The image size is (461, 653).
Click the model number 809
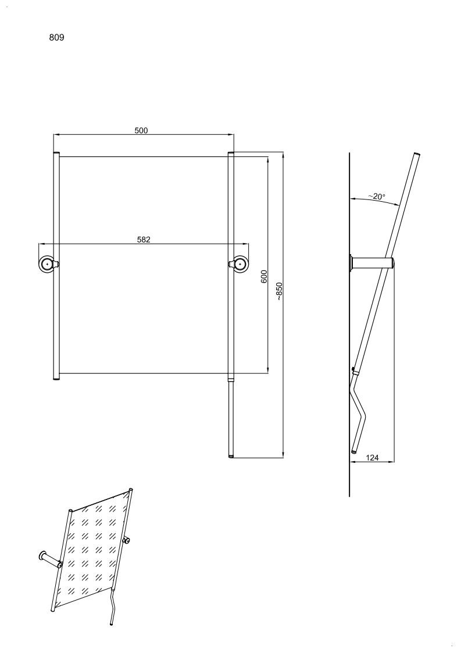56,37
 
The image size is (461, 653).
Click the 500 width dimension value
141,130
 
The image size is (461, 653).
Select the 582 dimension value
144,240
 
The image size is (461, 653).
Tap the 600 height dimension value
264,277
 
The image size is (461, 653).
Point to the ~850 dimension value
279,291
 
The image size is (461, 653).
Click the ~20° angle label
377,196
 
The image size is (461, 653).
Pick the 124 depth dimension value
372,458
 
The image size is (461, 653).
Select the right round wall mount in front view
238,263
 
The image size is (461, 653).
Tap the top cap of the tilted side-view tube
416,155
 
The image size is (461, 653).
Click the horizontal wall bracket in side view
372,263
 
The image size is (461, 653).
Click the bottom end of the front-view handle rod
231,456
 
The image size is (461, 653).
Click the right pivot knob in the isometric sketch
126,541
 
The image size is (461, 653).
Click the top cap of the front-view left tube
56,154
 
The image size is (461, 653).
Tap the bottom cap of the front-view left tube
56,379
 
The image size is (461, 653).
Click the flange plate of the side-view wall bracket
352,263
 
